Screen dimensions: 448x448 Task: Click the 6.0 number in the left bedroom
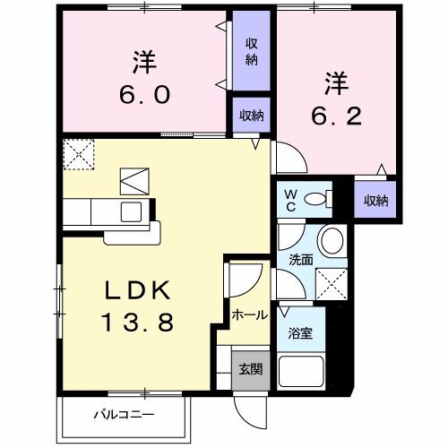point(143,95)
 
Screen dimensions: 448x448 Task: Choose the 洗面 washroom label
point(299,260)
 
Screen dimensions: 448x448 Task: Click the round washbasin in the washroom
point(332,240)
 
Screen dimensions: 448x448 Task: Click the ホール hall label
point(247,314)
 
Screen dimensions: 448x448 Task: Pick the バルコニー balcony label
point(125,414)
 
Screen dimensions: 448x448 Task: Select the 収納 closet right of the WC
point(376,201)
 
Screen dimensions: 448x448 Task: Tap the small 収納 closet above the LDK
point(252,115)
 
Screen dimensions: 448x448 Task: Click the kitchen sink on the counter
point(131,212)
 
